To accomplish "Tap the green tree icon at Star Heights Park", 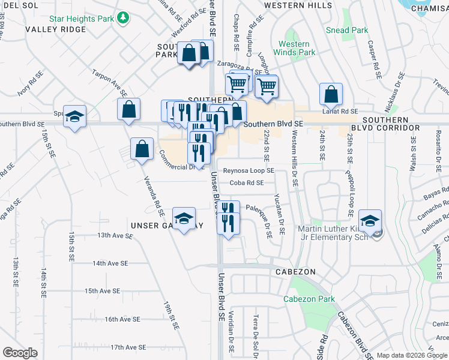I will click(x=124, y=19).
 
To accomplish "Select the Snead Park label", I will click(x=347, y=30).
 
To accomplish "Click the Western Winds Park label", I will click(x=294, y=48).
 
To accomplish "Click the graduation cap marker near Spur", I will click(x=75, y=116).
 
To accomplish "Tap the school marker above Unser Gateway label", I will click(x=184, y=218).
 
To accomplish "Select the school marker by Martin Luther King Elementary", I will click(x=370, y=220).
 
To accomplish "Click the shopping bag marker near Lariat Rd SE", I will click(x=331, y=94).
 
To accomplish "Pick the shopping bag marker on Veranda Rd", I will click(x=141, y=149).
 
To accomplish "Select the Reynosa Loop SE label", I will click(x=249, y=170).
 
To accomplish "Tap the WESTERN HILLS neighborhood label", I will click(x=298, y=5).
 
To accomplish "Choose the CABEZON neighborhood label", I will click(x=295, y=272).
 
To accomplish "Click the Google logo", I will click(x=20, y=353).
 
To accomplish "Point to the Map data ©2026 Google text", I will click(x=411, y=355).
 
